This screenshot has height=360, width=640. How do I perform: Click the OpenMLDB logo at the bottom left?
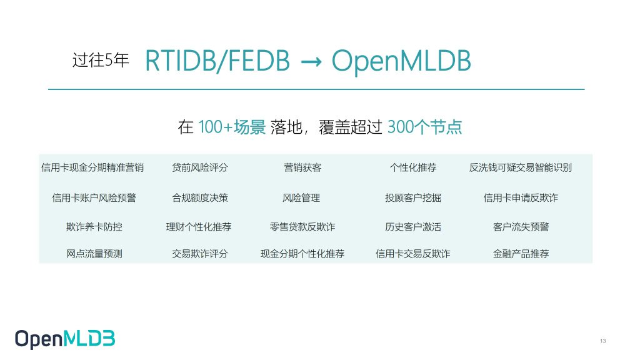(x=65, y=339)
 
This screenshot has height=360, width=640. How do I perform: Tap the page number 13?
(x=603, y=341)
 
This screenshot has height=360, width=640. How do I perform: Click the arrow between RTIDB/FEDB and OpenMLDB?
(x=311, y=62)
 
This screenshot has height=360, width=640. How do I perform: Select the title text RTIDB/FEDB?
(x=217, y=61)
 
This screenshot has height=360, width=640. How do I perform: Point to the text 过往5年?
(x=101, y=60)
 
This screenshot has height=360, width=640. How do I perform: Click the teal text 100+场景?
(x=232, y=127)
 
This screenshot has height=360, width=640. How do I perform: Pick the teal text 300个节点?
(x=424, y=127)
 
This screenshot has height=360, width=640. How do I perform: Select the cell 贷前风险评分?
(x=199, y=167)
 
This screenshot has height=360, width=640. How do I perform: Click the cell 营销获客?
(x=302, y=167)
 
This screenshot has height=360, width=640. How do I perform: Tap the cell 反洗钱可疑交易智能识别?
(x=521, y=167)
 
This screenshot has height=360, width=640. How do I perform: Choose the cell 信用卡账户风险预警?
(x=94, y=198)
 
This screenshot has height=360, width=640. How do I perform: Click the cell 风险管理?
(x=301, y=198)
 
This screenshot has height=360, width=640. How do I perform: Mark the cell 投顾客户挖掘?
(x=413, y=198)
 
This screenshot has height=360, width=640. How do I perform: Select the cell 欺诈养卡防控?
(x=94, y=227)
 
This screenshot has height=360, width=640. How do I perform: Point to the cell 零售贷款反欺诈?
(x=302, y=227)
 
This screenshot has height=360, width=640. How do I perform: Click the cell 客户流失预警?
(x=521, y=227)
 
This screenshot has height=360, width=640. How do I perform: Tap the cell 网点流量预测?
(x=94, y=254)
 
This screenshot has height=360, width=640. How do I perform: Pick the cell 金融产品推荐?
(x=521, y=254)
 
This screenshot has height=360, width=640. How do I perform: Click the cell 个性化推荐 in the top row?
(x=413, y=167)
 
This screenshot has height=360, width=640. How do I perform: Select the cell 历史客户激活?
(x=413, y=227)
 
